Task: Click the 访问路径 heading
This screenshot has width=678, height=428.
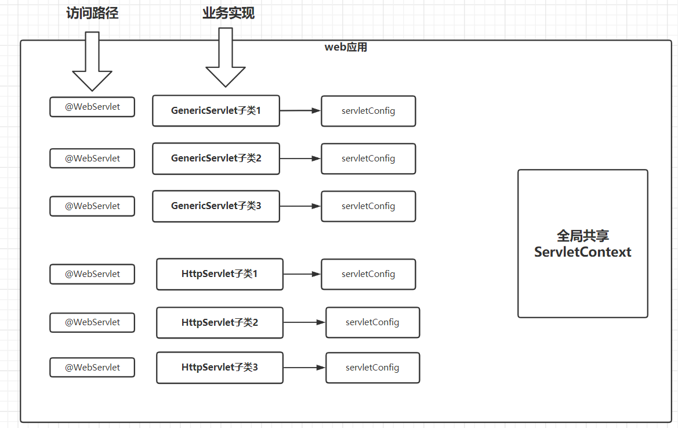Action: [92, 13]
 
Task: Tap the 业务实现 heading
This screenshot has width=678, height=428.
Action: [229, 13]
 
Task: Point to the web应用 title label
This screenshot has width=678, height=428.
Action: [346, 46]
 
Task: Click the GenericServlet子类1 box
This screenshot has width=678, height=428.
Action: [216, 111]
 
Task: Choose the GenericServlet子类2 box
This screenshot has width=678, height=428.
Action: [216, 159]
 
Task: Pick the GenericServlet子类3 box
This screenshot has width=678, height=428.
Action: [216, 206]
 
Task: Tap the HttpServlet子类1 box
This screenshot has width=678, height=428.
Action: [220, 274]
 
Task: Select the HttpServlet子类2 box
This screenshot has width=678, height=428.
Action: [220, 322]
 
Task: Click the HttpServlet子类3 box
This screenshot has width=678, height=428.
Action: [220, 368]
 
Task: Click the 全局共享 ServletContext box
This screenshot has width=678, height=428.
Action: [583, 244]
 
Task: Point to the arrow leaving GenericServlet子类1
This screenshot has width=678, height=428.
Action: [300, 111]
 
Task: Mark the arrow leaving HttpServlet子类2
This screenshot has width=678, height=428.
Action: [304, 322]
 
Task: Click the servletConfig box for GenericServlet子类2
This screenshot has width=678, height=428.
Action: [368, 159]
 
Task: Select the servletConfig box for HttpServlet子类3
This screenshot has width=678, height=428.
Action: [373, 368]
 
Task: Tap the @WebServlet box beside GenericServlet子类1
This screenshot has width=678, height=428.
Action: [92, 107]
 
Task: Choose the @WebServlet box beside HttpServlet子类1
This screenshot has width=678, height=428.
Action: [92, 274]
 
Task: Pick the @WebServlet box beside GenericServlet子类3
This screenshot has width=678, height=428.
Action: [92, 206]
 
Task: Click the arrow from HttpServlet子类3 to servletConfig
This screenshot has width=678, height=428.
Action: [304, 368]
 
